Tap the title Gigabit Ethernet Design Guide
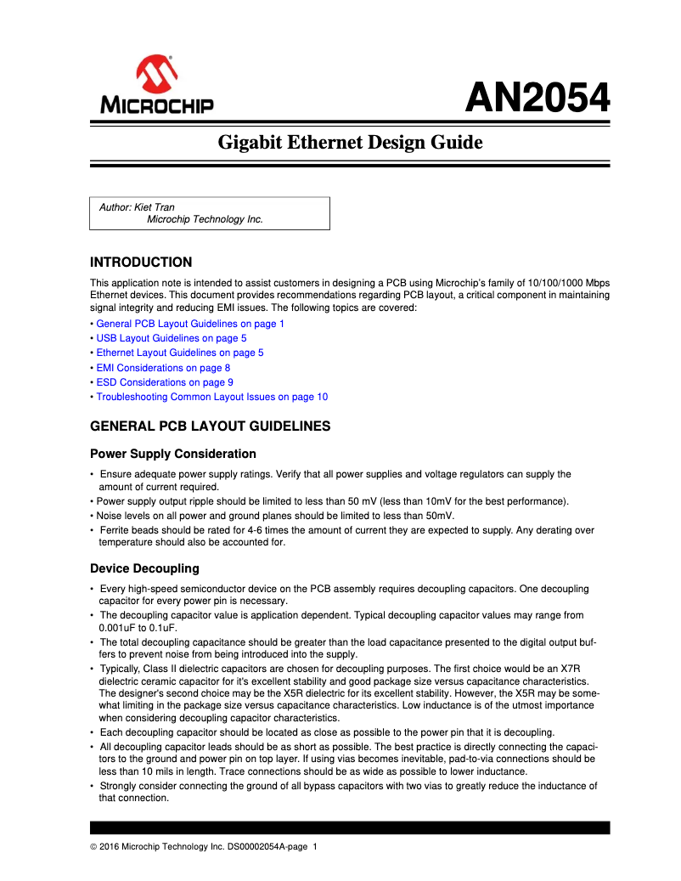(x=350, y=142)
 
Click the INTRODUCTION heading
(x=141, y=262)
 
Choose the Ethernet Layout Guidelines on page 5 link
(x=179, y=353)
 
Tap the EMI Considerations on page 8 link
(x=162, y=368)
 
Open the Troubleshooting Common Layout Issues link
(x=211, y=397)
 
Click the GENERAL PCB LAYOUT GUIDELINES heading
(x=210, y=426)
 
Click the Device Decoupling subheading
(x=144, y=568)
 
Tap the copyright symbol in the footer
(x=93, y=847)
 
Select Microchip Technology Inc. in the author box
(x=205, y=219)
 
